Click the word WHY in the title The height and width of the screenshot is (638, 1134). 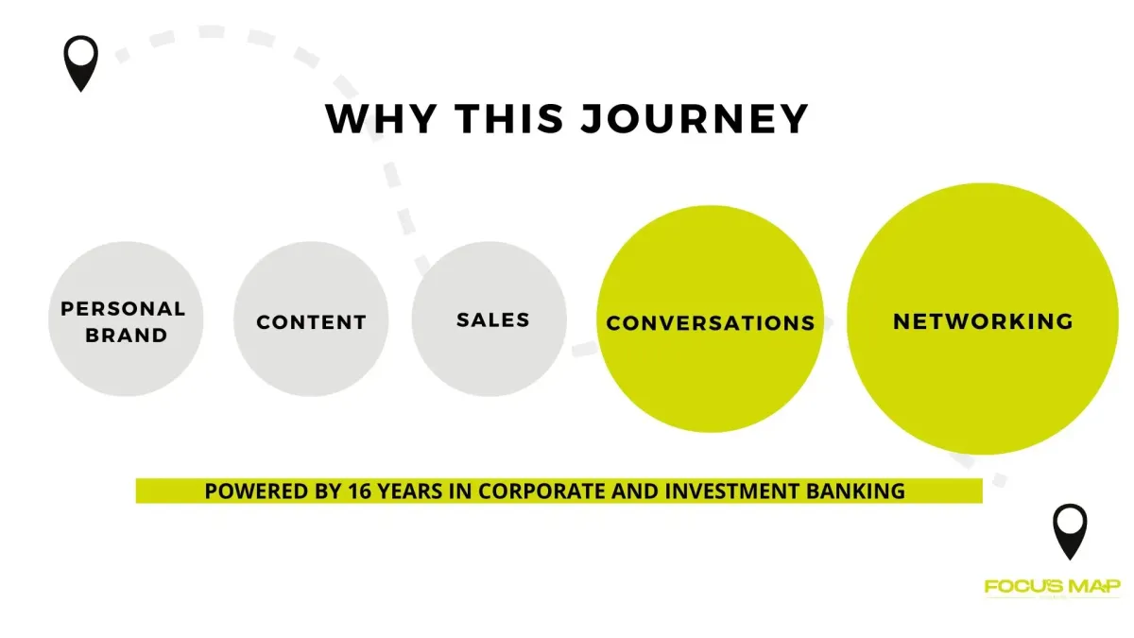click(382, 118)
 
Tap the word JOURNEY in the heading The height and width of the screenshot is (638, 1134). click(694, 118)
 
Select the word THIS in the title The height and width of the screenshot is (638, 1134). click(509, 118)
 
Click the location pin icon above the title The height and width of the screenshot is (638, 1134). click(81, 63)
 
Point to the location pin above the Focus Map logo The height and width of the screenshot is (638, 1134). click(1070, 531)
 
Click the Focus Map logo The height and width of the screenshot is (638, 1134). click(1052, 587)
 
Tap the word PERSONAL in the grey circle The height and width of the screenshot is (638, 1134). click(123, 309)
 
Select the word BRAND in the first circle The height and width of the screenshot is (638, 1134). click(126, 336)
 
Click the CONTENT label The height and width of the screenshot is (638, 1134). click(311, 322)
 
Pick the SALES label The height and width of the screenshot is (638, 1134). click(493, 320)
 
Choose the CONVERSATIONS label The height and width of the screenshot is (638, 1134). click(711, 323)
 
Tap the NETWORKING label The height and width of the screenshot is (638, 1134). click(983, 321)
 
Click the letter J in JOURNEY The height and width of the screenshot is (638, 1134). click(593, 119)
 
